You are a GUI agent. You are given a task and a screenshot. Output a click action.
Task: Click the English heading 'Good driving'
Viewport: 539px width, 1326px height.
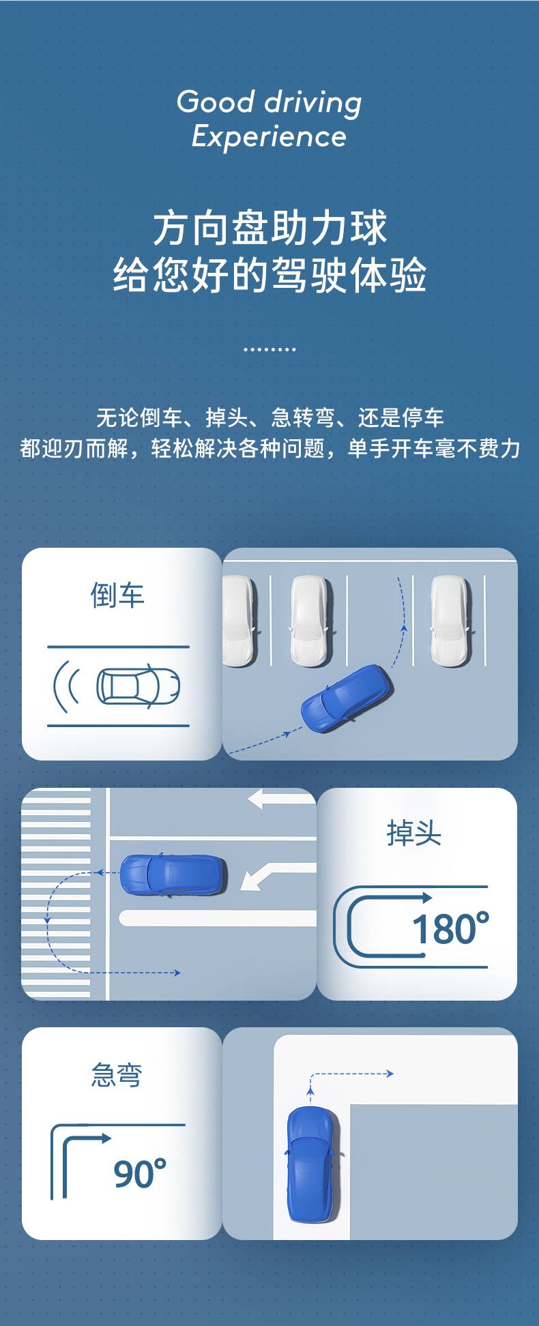tap(269, 103)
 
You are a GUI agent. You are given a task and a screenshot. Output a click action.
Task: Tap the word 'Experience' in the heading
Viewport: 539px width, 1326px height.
tap(269, 136)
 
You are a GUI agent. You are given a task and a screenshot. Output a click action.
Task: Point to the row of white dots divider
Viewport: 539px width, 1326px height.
tap(269, 349)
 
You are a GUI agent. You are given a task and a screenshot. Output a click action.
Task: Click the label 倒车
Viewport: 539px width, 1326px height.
tap(117, 595)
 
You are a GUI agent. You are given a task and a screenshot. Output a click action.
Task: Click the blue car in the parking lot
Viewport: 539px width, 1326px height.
tap(347, 697)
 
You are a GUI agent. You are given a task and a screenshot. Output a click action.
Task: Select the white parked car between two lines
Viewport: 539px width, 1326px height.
tap(311, 621)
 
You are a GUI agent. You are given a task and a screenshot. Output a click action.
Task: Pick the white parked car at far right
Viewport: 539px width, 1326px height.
tap(451, 621)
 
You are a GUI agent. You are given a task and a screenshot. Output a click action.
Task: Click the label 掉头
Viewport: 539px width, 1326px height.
tap(414, 833)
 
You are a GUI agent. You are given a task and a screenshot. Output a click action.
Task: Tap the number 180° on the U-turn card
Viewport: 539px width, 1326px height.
tap(451, 928)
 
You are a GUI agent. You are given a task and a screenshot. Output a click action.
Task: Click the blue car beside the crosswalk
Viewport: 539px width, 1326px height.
tap(173, 875)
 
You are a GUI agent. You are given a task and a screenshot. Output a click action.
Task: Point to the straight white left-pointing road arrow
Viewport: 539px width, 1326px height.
tap(282, 799)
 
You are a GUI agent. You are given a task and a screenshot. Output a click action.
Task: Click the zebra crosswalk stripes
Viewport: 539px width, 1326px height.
tap(56, 894)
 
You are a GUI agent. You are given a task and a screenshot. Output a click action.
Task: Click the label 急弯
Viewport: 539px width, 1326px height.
tap(117, 1075)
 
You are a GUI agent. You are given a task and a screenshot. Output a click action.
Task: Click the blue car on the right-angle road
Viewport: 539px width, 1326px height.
tap(312, 1164)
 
